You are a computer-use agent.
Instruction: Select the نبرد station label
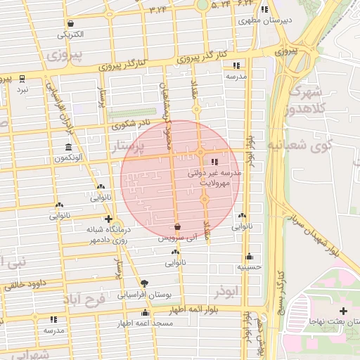coord(23,89)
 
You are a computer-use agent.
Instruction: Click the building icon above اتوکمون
coord(68,148)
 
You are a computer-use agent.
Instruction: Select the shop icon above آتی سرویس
coord(177,227)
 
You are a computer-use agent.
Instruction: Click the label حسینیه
coord(249,267)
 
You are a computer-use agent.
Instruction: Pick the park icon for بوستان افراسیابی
coord(144,283)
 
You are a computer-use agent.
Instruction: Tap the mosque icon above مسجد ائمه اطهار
coord(146,312)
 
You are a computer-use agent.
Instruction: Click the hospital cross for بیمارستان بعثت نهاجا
coord(342,311)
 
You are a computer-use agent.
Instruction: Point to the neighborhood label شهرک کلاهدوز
coord(304,101)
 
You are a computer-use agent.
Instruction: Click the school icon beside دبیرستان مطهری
coord(264,9)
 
